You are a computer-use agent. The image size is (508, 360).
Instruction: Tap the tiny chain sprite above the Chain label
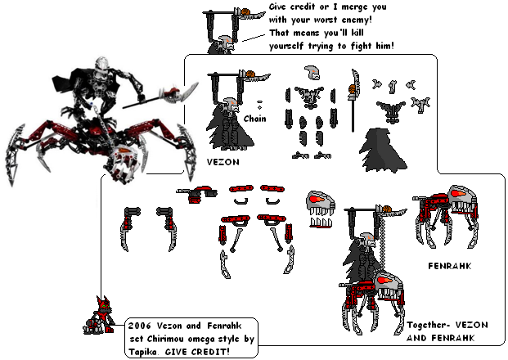[259, 104]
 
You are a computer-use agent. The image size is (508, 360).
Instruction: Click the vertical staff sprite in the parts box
[353, 97]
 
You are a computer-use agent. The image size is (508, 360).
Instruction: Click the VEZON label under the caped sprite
[223, 161]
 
